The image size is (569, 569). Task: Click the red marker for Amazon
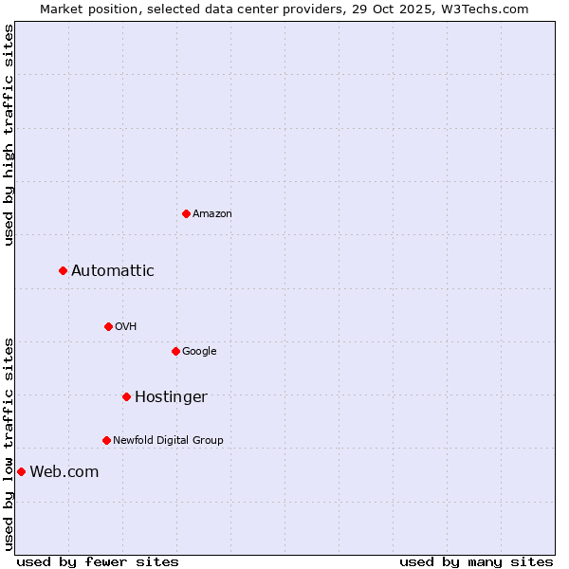tap(186, 213)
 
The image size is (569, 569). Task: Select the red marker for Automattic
tap(63, 270)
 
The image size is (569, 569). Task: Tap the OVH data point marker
tap(108, 326)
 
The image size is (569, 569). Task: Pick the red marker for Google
tap(175, 351)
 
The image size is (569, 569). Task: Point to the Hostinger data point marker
tap(126, 396)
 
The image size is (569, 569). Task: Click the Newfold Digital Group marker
tap(106, 440)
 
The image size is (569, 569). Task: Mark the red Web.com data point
tap(21, 471)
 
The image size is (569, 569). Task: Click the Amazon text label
tap(212, 213)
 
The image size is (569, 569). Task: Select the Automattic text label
tap(113, 271)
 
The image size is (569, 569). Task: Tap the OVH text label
tap(126, 326)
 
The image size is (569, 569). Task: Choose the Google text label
tap(199, 351)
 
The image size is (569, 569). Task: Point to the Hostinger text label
tap(171, 397)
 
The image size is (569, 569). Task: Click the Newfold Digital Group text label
tap(169, 440)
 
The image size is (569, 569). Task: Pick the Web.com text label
tap(64, 472)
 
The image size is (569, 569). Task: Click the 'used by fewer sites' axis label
tap(98, 561)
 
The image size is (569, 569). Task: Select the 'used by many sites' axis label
tap(476, 561)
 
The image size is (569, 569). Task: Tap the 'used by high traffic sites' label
tap(9, 135)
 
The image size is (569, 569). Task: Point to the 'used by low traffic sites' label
tap(9, 443)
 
